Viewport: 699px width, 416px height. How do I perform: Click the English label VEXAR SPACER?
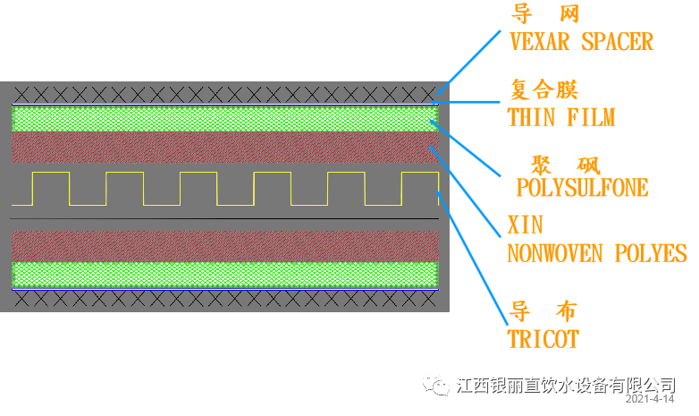click(580, 41)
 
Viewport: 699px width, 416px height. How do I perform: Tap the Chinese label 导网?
click(545, 13)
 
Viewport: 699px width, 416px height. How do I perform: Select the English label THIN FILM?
click(560, 117)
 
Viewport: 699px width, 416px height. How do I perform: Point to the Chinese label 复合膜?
click(544, 89)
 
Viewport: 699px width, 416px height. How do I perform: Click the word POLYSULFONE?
click(582, 188)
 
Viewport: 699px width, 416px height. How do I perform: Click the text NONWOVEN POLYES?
click(596, 253)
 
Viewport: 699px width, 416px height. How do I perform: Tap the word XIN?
click(525, 224)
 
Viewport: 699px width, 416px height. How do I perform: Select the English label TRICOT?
click(543, 339)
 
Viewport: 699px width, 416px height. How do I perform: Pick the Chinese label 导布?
click(543, 311)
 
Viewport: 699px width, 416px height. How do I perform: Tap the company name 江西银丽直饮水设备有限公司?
click(565, 385)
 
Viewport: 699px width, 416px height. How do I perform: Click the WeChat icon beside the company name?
click(438, 385)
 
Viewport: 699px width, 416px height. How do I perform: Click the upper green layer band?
click(223, 119)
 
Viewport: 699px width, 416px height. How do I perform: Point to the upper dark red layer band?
click(223, 148)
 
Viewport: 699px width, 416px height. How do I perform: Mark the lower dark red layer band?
click(223, 245)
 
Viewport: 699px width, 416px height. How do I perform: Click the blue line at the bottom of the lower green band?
click(223, 290)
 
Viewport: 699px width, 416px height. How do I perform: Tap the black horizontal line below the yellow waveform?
click(223, 218)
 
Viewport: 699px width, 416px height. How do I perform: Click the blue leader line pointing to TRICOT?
click(474, 259)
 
